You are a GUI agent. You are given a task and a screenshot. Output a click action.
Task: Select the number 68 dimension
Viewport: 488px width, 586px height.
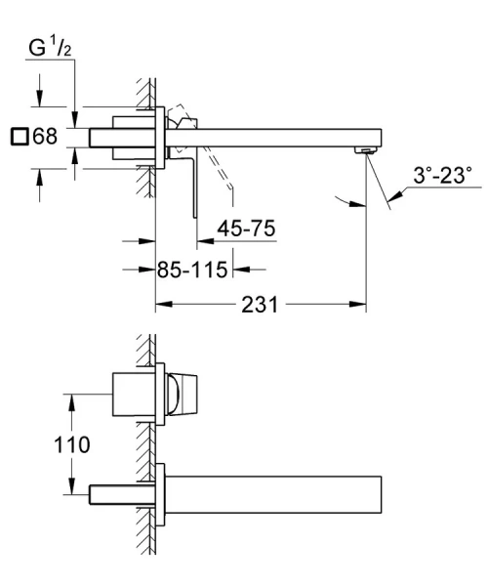click(x=46, y=138)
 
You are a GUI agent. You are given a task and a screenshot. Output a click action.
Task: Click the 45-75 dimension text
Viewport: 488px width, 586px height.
click(x=245, y=230)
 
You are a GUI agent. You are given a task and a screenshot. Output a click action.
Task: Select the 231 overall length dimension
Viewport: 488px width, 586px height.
click(x=259, y=305)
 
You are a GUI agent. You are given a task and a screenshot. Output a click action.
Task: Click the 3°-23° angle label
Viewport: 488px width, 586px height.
click(x=441, y=177)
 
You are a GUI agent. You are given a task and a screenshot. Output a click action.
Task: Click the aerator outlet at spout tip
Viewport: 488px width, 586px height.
click(x=366, y=149)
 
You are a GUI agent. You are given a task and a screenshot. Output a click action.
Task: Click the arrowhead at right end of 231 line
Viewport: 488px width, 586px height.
click(x=360, y=305)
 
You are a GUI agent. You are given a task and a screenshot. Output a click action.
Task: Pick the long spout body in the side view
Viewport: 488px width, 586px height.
click(x=283, y=137)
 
